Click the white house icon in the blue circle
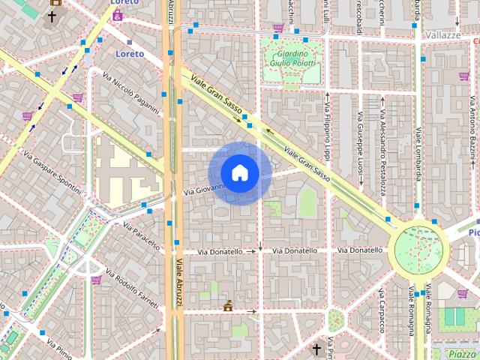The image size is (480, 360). [x=239, y=173]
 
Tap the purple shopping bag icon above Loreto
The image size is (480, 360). [x=117, y=14]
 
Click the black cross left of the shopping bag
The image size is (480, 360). [x=52, y=16]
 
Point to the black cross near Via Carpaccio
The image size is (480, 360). [x=316, y=349]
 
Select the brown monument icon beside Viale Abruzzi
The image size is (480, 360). [x=227, y=305]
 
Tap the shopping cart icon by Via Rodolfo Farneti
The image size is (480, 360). [x=96, y=280]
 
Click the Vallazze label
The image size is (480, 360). [x=442, y=35]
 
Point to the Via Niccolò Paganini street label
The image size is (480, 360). [x=132, y=94]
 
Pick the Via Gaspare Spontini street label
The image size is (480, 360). [x=52, y=172]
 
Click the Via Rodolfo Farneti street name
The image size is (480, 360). [x=133, y=289]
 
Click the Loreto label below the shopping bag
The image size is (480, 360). [x=130, y=54]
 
